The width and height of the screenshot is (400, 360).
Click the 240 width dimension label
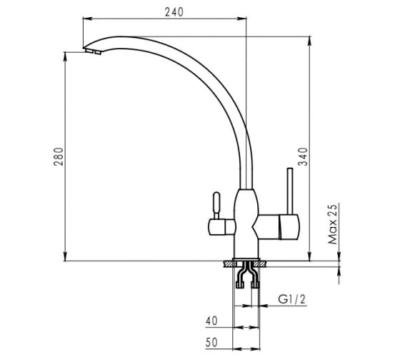(x=174, y=12)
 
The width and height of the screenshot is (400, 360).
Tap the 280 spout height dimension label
(x=59, y=156)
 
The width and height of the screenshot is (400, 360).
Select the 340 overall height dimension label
(x=304, y=156)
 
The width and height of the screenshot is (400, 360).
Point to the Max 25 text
(x=333, y=224)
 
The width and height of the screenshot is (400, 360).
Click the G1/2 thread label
(x=291, y=299)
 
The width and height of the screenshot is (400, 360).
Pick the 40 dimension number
(x=211, y=321)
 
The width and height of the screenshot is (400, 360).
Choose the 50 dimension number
(x=211, y=343)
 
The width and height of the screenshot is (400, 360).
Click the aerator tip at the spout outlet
(x=93, y=51)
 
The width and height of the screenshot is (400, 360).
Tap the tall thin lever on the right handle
(x=290, y=191)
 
